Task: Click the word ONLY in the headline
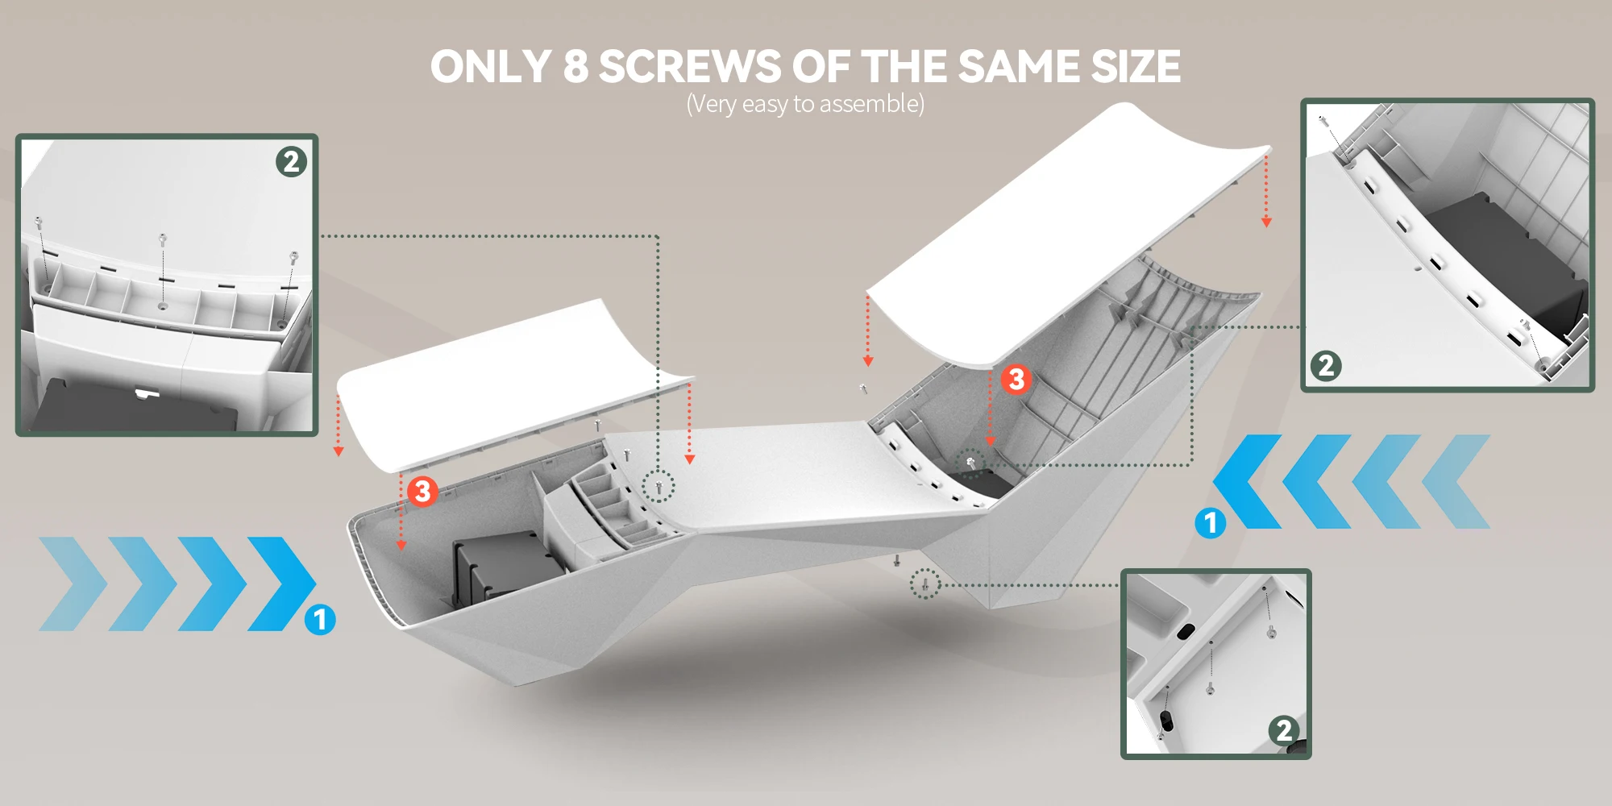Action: click(491, 67)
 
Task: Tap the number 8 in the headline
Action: click(575, 67)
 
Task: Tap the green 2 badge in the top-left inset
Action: click(291, 162)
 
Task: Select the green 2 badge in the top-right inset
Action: click(1326, 366)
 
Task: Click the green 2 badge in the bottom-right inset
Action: click(1284, 730)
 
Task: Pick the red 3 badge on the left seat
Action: click(422, 491)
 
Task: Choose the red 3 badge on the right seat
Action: click(1016, 379)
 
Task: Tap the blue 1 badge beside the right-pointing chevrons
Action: click(320, 619)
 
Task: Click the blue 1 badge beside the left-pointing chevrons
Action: click(1210, 523)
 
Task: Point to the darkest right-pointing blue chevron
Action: click(282, 584)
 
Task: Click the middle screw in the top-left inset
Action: click(163, 240)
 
